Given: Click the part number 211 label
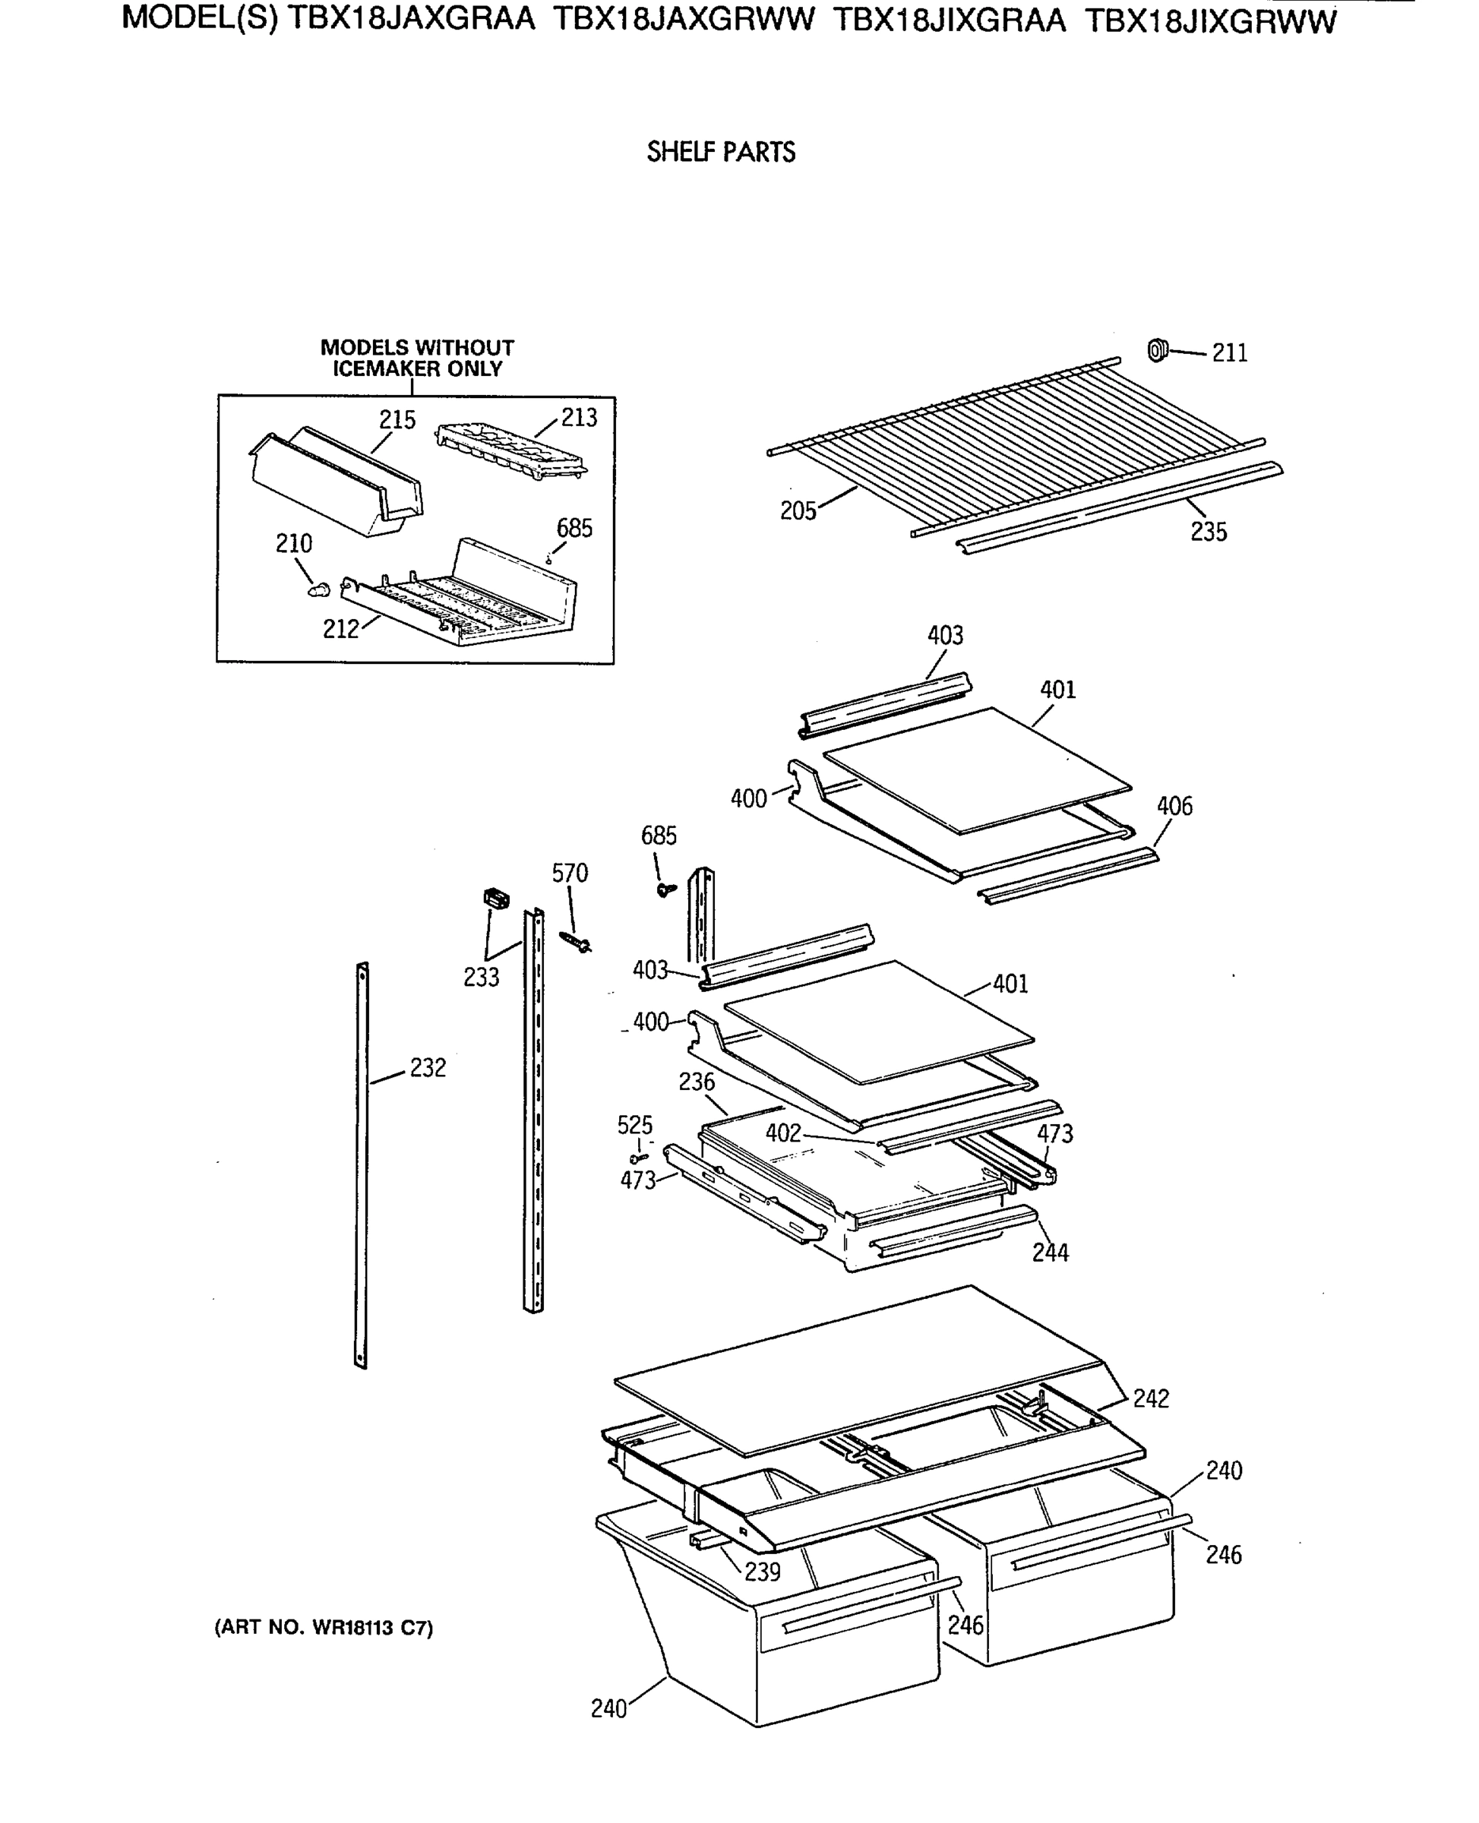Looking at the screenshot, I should tap(1229, 352).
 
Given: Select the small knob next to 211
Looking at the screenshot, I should tap(1157, 349).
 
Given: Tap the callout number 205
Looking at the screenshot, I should tap(798, 511).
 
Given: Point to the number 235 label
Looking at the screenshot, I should tap(1208, 532).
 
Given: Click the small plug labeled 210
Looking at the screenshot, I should tap(320, 589).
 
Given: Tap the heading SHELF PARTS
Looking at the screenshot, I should tap(721, 153).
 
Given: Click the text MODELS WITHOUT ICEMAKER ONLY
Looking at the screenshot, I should tap(416, 359).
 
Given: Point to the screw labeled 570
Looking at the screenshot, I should tap(576, 941).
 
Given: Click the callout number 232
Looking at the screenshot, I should tap(428, 1067).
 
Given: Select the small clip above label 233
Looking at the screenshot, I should tap(495, 898).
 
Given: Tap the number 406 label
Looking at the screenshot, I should tap(1174, 806).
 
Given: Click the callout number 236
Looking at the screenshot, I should tap(696, 1082).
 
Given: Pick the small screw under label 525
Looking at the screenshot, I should tap(638, 1158).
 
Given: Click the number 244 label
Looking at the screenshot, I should tap(1050, 1253).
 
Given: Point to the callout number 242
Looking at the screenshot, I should tap(1150, 1398).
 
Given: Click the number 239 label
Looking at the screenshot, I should tap(762, 1572).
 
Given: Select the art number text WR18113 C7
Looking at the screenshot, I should tap(324, 1628).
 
